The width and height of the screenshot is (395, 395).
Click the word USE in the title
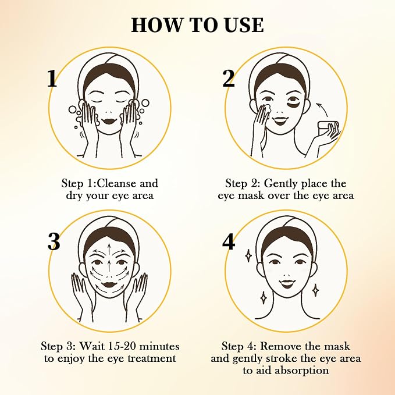pos(244,25)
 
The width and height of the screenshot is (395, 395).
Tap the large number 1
pos(52,79)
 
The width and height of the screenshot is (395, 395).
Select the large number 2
pos(229,79)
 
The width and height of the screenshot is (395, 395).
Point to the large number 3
pos(54,241)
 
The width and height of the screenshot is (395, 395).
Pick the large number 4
pos(229,241)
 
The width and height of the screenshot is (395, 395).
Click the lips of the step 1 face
pos(109,120)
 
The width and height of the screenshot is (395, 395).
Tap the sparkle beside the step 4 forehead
pos(248,256)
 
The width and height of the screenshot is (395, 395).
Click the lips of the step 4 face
pos(287,284)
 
